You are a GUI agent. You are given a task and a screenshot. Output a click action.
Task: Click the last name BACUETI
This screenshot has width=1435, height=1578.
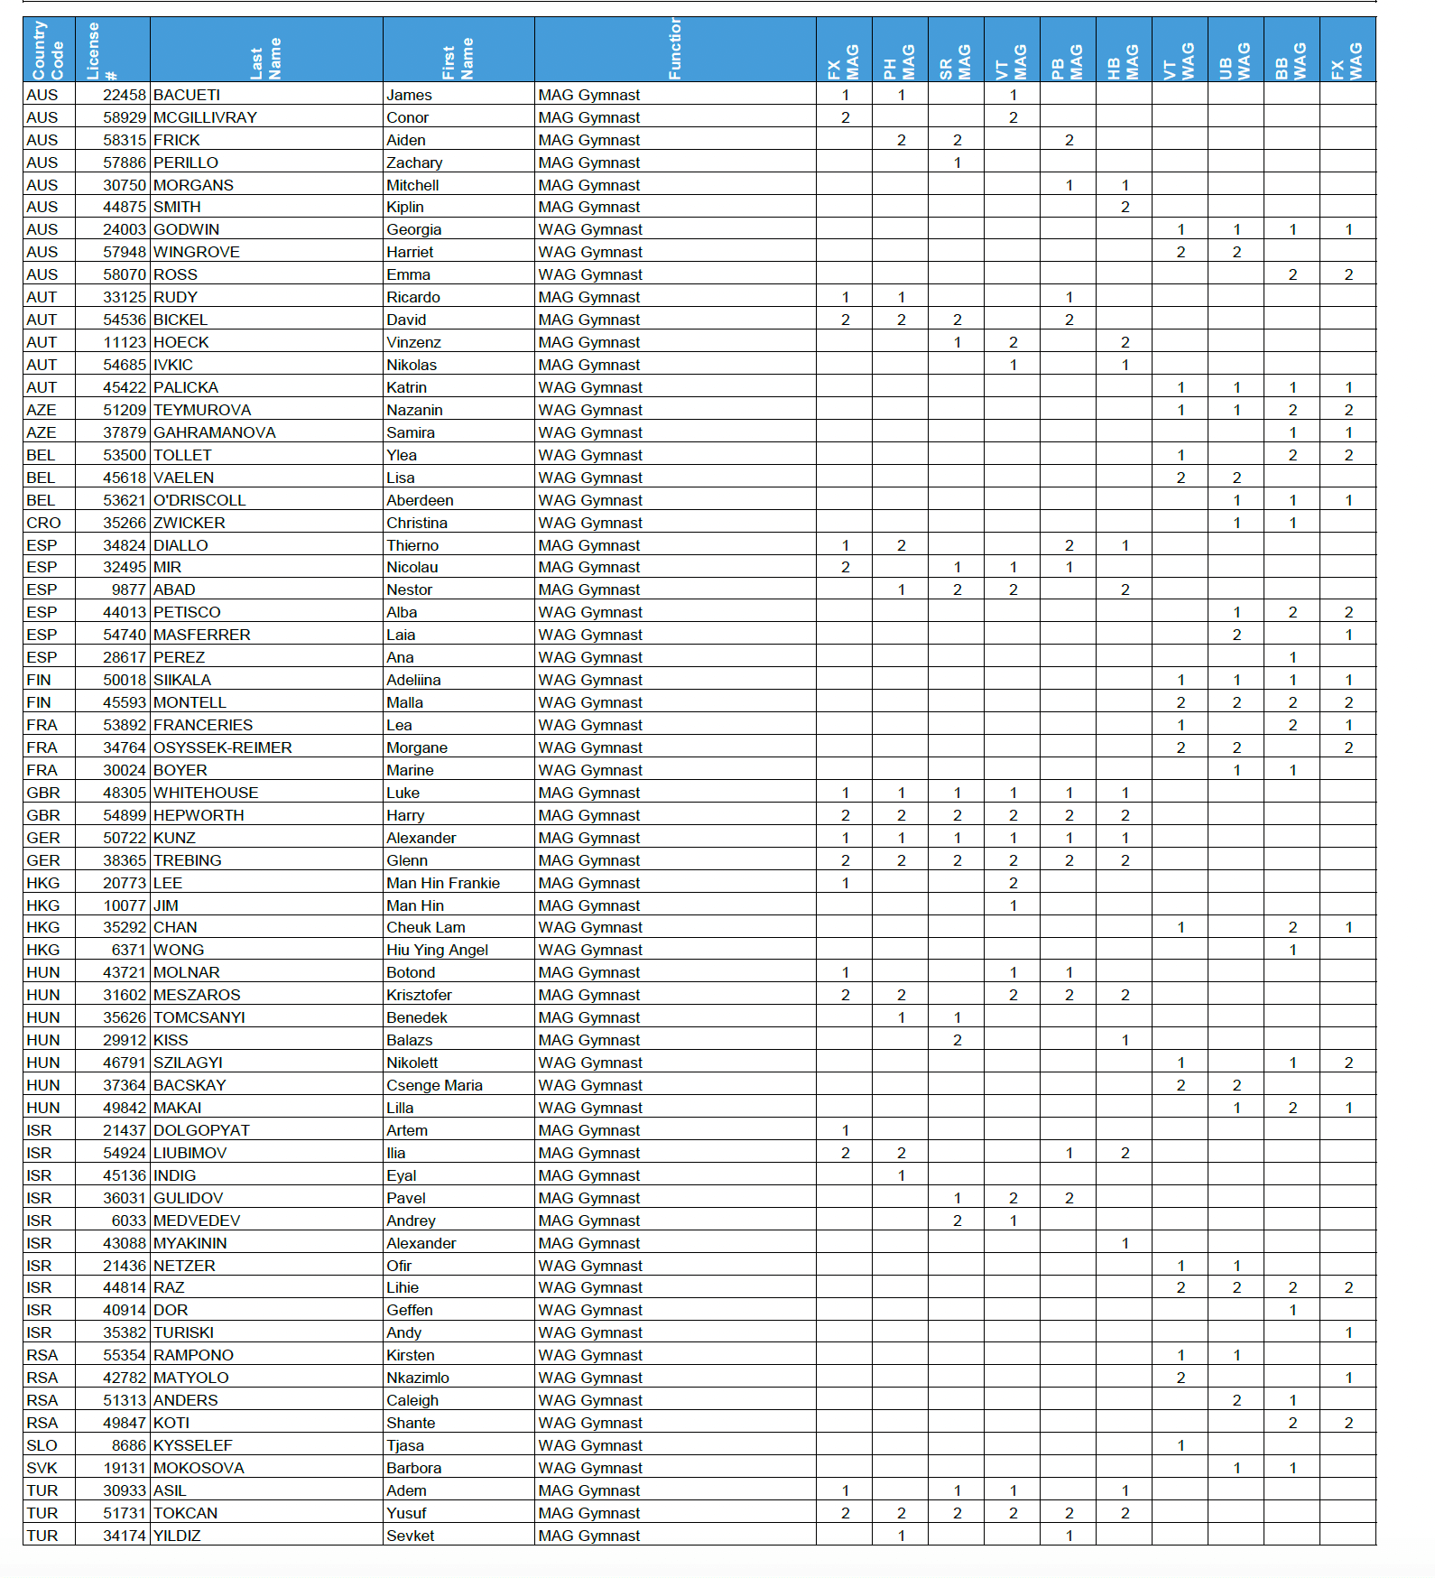click(187, 95)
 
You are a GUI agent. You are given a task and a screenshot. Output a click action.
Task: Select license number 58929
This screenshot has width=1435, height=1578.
click(124, 117)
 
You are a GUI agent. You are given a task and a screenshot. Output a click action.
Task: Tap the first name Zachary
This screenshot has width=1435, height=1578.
click(414, 162)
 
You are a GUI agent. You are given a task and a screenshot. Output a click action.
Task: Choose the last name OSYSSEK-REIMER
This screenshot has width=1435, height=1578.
click(223, 747)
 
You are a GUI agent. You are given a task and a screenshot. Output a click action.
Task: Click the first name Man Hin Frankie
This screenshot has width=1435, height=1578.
click(443, 883)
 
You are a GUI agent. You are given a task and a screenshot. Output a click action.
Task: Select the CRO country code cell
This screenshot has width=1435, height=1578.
click(43, 523)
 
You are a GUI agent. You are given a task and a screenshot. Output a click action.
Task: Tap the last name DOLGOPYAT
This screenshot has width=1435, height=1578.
click(201, 1130)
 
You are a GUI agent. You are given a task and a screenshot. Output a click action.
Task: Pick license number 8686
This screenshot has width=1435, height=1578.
click(128, 1445)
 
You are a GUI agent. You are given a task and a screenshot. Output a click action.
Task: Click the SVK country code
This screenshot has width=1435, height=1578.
click(42, 1468)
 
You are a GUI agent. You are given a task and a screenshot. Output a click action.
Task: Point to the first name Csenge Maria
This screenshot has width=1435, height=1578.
click(434, 1085)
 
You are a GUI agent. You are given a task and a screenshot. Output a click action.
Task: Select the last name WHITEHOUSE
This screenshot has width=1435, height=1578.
click(206, 793)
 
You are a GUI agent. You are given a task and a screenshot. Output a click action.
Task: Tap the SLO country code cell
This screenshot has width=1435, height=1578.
click(42, 1445)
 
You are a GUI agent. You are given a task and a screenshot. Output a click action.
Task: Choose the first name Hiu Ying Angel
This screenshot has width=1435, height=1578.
click(437, 950)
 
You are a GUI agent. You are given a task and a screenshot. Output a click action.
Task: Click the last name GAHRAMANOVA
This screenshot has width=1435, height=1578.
click(215, 432)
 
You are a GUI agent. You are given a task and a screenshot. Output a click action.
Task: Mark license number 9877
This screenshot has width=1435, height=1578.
click(128, 589)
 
